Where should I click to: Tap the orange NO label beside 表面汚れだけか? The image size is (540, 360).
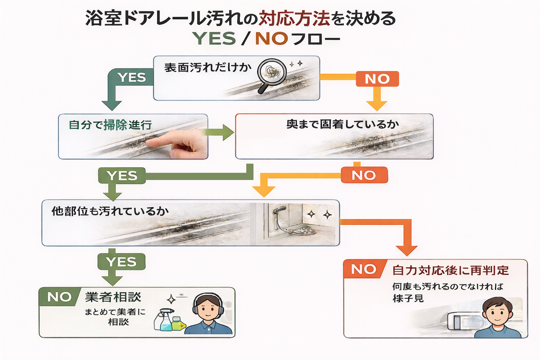pos(377,79)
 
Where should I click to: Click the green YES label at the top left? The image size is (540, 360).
pos(132,77)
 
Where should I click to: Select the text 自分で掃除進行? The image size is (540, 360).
pos(110,125)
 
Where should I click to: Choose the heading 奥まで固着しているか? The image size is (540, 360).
pos(342,124)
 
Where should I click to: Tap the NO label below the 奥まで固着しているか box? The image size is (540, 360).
pos(364,175)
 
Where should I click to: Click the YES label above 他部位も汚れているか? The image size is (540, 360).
pos(122,175)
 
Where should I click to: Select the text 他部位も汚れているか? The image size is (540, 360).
pos(110,211)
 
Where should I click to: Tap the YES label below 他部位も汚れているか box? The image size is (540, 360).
pos(121,262)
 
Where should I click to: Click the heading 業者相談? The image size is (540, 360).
pos(113,297)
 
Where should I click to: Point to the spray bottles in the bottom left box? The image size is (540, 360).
pos(169,320)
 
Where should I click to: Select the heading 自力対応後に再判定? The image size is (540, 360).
pos(450,270)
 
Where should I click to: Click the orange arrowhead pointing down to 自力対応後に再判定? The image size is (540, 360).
pos(406,250)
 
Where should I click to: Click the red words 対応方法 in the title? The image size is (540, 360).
pos(294,18)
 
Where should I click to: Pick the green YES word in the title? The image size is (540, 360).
pos(214,38)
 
